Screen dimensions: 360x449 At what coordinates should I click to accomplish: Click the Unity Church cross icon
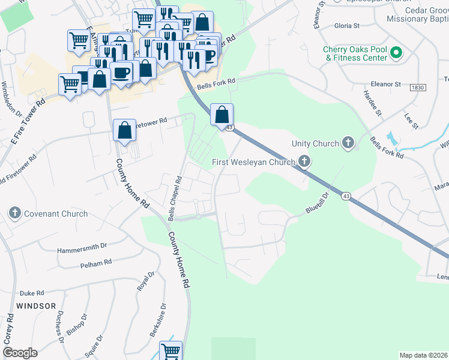point(348,143)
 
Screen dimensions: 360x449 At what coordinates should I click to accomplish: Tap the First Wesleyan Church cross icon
point(304,161)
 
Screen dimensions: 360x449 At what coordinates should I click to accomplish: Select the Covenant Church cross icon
point(15,213)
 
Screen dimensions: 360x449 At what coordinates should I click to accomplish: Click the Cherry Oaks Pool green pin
point(396,53)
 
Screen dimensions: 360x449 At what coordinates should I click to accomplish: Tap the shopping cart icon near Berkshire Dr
point(170,351)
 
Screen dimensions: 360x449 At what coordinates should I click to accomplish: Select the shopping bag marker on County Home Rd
point(124,130)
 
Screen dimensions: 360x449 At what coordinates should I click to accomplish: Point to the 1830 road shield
point(418,88)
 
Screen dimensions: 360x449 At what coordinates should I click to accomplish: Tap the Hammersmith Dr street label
point(82,246)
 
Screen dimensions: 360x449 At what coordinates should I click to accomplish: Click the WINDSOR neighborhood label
point(36,306)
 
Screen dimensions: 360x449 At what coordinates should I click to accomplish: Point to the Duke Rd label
point(32,293)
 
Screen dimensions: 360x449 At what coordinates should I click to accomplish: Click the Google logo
point(20,353)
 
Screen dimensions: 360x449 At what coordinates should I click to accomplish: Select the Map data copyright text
point(424,355)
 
